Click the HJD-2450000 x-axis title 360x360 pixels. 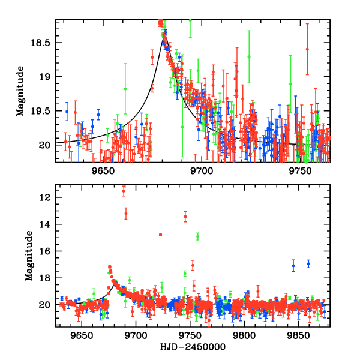[x=193, y=347]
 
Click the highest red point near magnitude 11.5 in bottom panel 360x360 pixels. [x=124, y=190]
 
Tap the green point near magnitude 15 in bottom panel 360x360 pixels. [x=197, y=236]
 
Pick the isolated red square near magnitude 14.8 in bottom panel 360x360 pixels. [x=160, y=235]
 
